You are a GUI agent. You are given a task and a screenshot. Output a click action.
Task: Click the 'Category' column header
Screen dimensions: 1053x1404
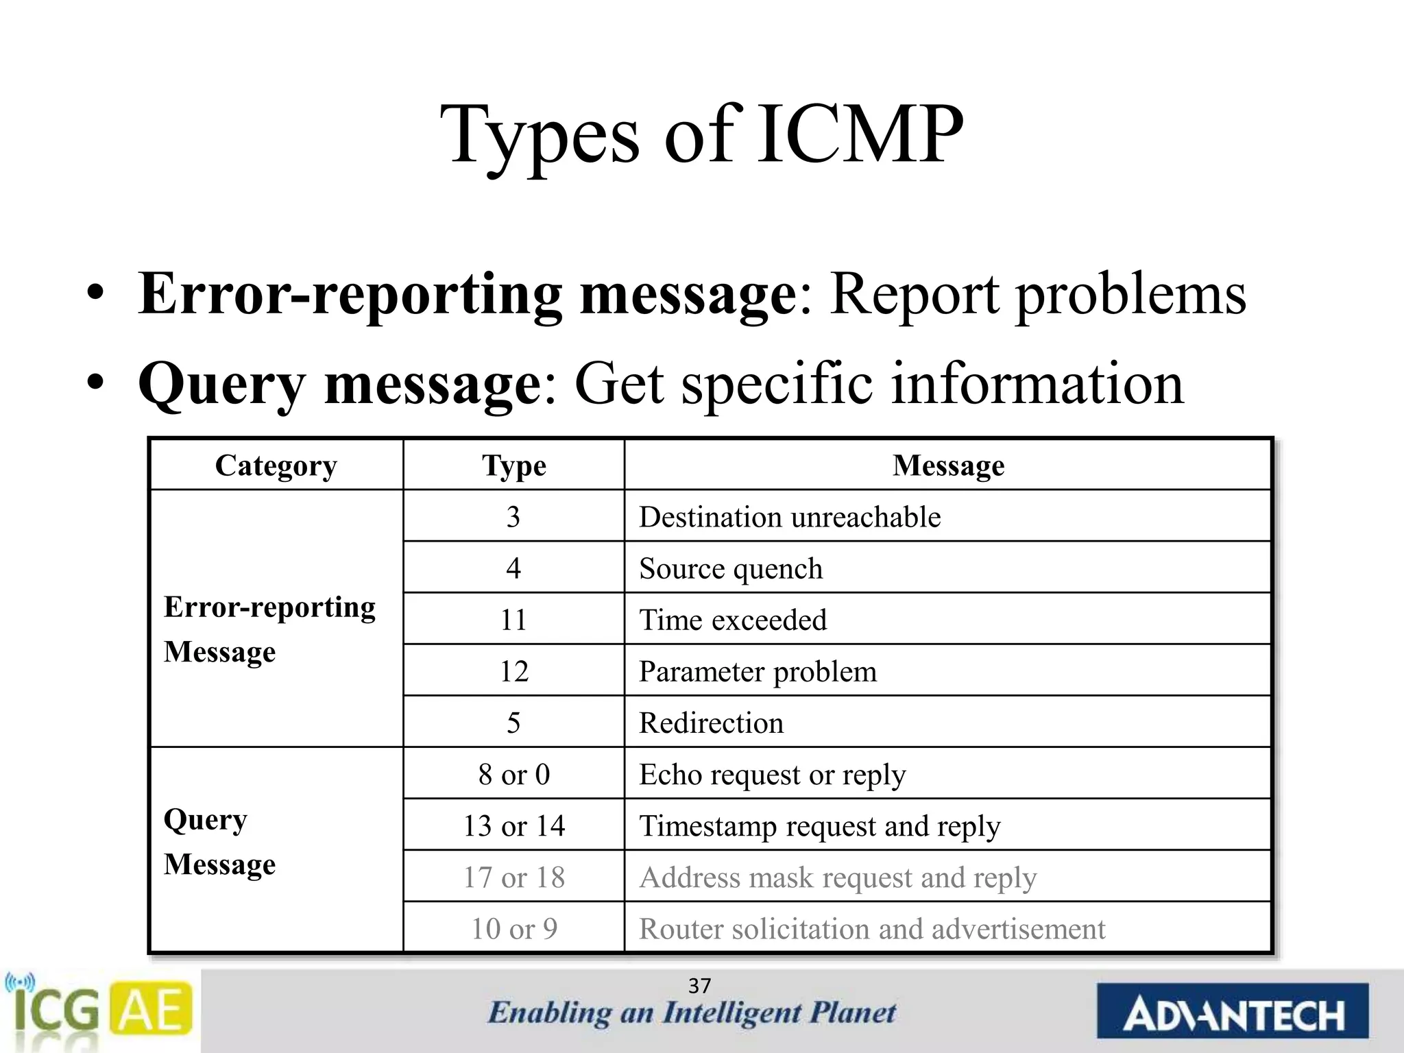276,465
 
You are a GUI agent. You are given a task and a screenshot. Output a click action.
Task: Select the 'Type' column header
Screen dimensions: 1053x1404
513,465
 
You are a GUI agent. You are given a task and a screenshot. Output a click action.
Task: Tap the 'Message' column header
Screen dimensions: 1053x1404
948,465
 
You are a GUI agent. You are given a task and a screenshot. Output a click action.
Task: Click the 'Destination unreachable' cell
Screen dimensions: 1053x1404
790,517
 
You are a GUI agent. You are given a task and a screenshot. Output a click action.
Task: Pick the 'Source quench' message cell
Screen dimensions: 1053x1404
731,568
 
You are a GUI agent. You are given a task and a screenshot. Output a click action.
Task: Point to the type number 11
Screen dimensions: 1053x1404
513,620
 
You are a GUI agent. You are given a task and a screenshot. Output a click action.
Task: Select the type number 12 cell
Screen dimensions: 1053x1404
513,671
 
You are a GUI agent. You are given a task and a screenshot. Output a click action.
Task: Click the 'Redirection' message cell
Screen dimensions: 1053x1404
711,723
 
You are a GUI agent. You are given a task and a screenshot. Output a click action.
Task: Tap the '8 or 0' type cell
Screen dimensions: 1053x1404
513,774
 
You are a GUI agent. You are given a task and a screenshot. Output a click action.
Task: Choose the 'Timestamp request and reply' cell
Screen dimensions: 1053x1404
820,826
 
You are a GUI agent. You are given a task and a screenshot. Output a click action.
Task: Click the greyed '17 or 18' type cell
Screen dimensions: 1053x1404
513,877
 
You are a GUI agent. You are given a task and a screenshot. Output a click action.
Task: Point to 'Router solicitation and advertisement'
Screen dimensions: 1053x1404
872,929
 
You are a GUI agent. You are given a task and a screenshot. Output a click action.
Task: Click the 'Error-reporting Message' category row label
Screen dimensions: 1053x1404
269,629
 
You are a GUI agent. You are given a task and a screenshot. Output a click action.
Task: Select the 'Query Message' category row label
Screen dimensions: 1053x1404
219,842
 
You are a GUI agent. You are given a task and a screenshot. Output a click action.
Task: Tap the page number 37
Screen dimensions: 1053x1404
699,986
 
